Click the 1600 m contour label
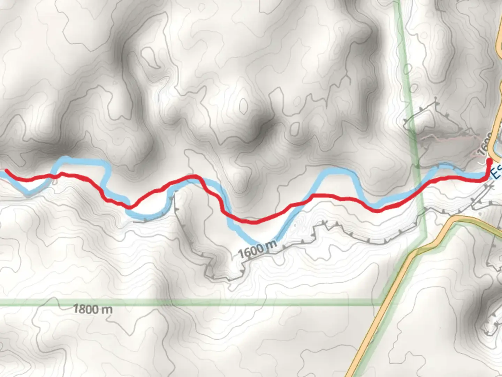(258, 248)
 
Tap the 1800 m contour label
(93, 309)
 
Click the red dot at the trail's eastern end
(489, 161)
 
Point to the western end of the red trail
(7, 171)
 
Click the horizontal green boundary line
(209, 302)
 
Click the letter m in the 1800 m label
(107, 310)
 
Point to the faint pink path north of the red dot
(450, 138)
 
